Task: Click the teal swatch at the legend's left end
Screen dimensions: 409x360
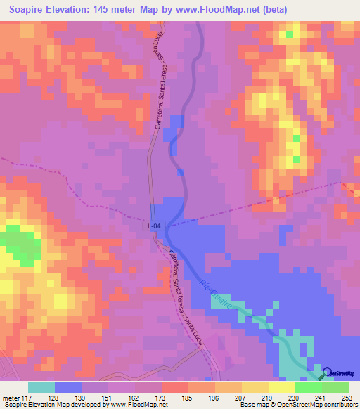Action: pos(41,387)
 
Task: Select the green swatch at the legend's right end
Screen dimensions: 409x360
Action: pos(335,387)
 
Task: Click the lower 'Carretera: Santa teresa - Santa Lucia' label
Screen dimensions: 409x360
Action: pos(184,292)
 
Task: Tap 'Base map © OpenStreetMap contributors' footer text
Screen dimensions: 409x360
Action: pos(297,405)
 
